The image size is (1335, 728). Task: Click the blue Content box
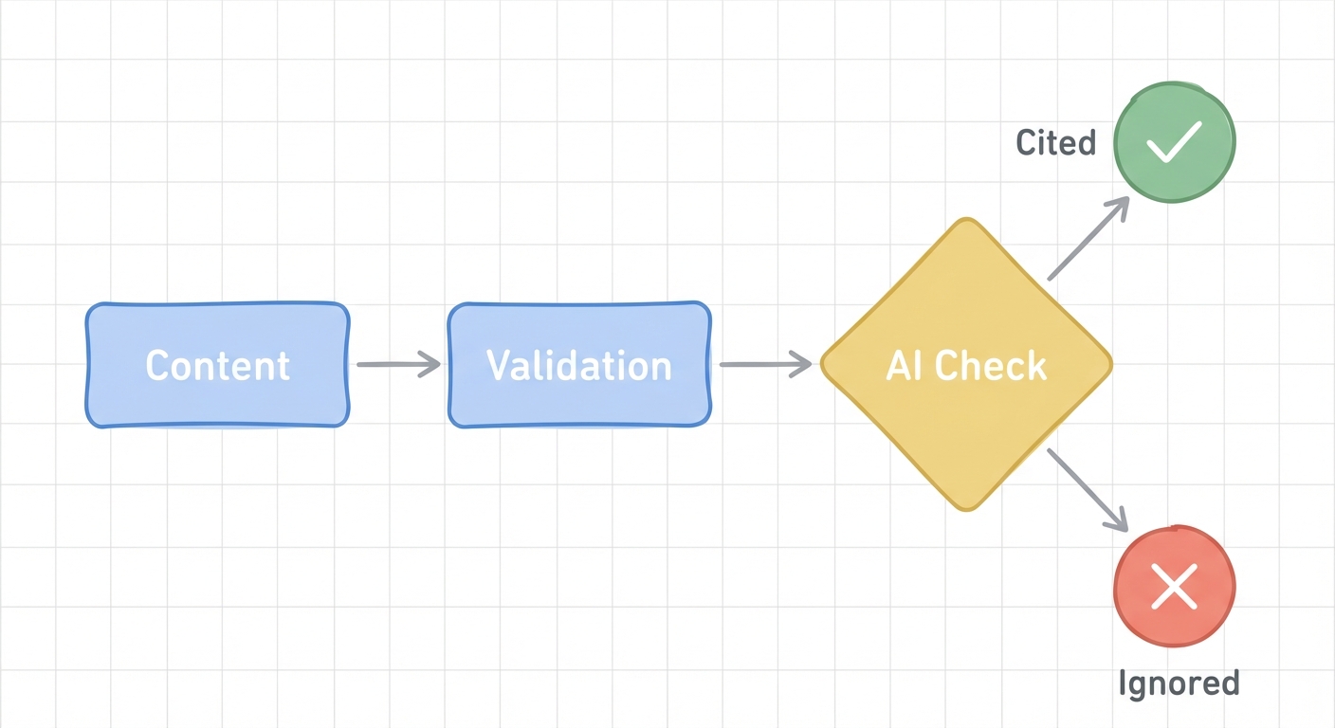pyautogui.click(x=217, y=365)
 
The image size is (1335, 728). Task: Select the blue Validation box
pyautogui.click(x=578, y=365)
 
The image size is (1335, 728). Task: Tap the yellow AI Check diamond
pyautogui.click(x=966, y=365)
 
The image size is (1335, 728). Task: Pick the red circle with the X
pyautogui.click(x=1174, y=586)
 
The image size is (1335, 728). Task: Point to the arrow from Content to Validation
pyautogui.click(x=398, y=364)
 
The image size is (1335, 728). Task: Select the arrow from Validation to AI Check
pyautogui.click(x=764, y=364)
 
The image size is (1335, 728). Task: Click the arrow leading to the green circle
pyautogui.click(x=1088, y=239)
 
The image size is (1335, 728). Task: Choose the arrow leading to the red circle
pyautogui.click(x=1088, y=489)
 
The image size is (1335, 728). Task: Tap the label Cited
pyautogui.click(x=1055, y=143)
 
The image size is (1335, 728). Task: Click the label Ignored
pyautogui.click(x=1179, y=683)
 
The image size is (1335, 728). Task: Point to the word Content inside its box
pyautogui.click(x=217, y=366)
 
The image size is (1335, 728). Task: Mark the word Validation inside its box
pyautogui.click(x=578, y=366)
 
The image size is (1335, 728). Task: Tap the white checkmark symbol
pyautogui.click(x=1174, y=142)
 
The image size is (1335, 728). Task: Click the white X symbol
pyautogui.click(x=1174, y=587)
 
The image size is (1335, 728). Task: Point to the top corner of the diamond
pyautogui.click(x=966, y=222)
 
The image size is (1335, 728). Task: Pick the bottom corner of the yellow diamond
pyautogui.click(x=966, y=509)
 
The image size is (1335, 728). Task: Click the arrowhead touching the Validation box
pyautogui.click(x=432, y=364)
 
